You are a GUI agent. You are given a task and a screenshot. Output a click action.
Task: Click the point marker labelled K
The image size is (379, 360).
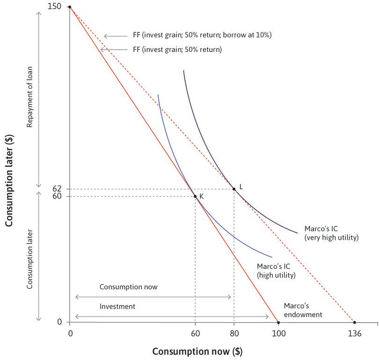coord(195,196)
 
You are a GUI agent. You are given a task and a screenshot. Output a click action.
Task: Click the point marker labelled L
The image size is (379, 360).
coord(234,189)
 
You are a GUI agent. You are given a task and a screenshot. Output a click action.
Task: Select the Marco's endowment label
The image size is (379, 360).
coord(303,310)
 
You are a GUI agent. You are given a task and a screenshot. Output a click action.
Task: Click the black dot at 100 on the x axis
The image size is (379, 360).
coord(278,322)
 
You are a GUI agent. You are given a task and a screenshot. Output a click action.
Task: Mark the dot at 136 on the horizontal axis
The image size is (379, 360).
coord(355,322)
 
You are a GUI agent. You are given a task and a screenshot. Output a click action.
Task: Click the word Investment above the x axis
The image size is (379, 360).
coord(117,306)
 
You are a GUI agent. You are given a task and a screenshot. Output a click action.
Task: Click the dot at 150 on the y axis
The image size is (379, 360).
coord(70,7)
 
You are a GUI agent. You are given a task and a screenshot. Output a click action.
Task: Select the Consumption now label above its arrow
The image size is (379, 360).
coord(129,287)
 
